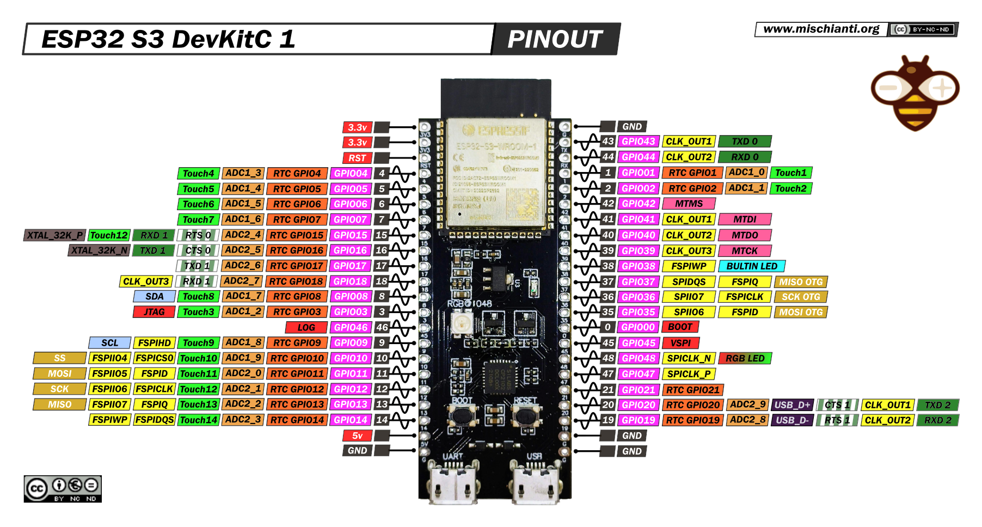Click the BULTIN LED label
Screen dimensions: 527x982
[751, 266]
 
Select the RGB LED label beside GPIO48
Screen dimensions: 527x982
[745, 358]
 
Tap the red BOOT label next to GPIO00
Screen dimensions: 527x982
[680, 327]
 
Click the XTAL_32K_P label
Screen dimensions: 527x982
[54, 235]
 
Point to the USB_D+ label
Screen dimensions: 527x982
[792, 405]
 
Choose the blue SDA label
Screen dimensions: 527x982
[154, 297]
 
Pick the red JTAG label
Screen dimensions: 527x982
[154, 312]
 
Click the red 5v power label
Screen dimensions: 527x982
[357, 436]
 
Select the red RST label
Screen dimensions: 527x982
[357, 158]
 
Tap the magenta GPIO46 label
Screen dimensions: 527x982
[351, 328]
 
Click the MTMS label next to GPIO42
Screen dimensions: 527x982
[689, 204]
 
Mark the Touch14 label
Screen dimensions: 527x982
[198, 420]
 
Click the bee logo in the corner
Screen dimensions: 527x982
[915, 93]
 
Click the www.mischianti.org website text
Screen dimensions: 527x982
[821, 29]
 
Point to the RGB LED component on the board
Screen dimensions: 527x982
[461, 323]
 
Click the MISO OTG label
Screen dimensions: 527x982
[800, 282]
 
